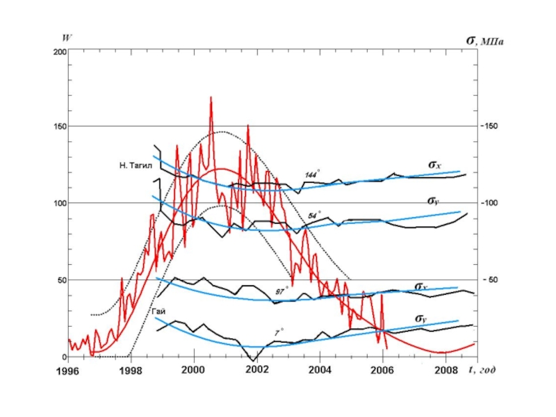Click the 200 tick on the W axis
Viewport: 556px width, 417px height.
click(x=58, y=52)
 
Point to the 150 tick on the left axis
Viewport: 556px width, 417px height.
click(x=58, y=126)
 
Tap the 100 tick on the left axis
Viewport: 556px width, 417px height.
click(x=58, y=203)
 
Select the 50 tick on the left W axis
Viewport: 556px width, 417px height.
click(x=60, y=280)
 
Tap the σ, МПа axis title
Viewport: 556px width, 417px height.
click(x=484, y=40)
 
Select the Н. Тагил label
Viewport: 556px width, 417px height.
click(x=135, y=166)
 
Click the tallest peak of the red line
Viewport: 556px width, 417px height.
click(x=211, y=98)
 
